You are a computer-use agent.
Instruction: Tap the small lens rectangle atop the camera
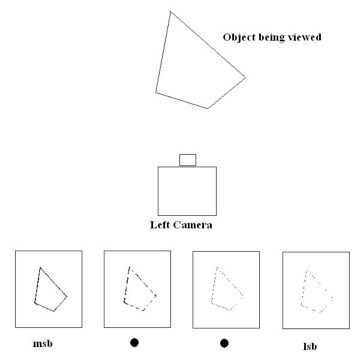point(187,160)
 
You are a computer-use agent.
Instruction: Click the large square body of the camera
point(187,190)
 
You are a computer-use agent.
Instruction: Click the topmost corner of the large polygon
point(172,11)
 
